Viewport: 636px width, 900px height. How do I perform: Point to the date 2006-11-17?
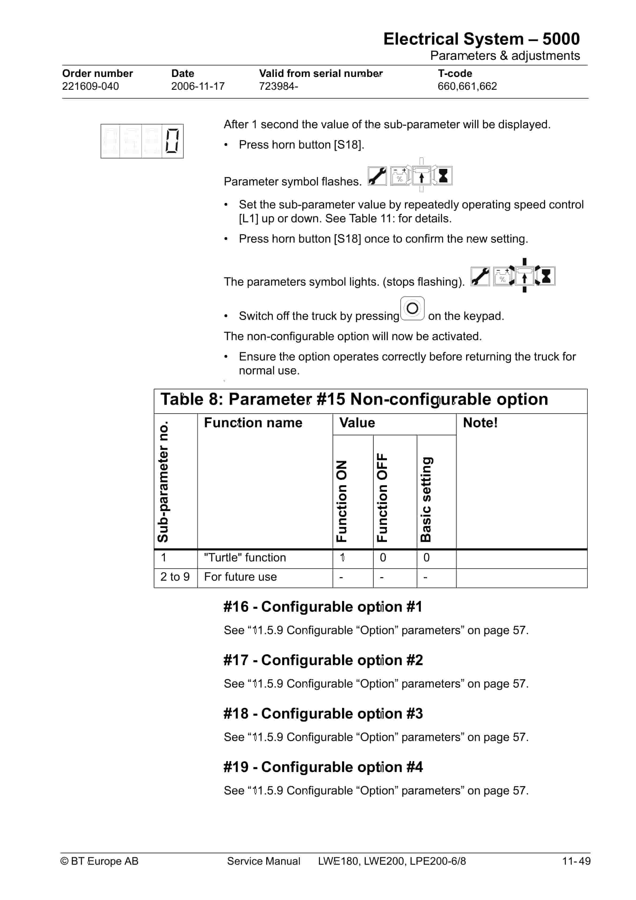click(198, 86)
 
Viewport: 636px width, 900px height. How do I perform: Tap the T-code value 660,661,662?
click(467, 86)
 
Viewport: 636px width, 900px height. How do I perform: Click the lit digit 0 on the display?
click(172, 141)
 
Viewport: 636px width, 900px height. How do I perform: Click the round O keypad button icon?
click(412, 308)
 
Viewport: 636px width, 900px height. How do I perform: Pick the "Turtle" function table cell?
click(245, 558)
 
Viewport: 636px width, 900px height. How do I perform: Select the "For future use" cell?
click(240, 577)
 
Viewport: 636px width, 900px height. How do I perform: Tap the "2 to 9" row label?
click(175, 577)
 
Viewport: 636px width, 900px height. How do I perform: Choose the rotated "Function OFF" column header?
click(382, 498)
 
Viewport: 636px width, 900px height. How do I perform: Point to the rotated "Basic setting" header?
click(426, 499)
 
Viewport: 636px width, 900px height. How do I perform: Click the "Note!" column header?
click(480, 422)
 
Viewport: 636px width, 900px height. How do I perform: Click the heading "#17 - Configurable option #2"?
click(323, 660)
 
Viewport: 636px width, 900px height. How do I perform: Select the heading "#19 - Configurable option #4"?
click(323, 767)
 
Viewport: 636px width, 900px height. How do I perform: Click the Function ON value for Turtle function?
click(342, 558)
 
